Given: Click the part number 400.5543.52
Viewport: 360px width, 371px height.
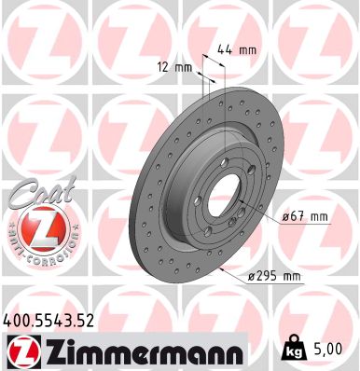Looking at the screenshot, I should pos(49,320).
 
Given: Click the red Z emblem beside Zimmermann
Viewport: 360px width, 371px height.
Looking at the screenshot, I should pos(21,352).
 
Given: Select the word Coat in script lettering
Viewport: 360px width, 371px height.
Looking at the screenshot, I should pos(35,193).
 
